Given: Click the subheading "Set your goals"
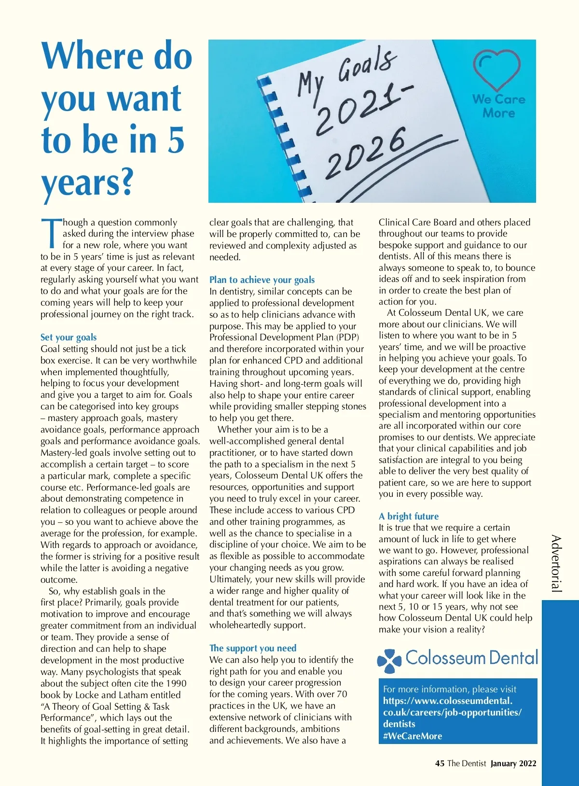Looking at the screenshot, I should coord(69,337).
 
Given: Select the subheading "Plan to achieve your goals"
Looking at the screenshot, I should coord(262,280).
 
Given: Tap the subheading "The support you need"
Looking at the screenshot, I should coord(253,648).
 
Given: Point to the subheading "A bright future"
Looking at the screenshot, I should coord(409,516).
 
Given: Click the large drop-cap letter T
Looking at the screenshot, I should coord(51,234).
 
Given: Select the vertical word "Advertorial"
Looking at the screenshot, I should coord(556,563).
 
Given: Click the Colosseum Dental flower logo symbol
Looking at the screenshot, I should coord(389,660).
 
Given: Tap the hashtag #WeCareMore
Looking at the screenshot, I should coord(413,736).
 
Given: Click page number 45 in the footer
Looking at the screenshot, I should coord(440,763).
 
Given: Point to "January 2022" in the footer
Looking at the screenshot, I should coord(513,763).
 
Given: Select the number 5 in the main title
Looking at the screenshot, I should coord(176,140).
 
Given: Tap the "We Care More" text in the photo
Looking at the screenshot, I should coord(498,106).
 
